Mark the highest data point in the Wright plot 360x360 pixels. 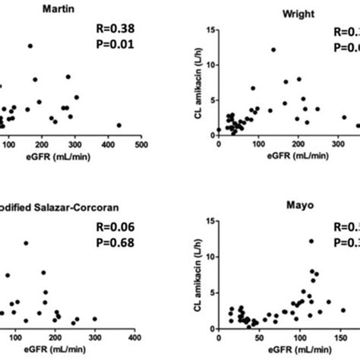273,50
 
